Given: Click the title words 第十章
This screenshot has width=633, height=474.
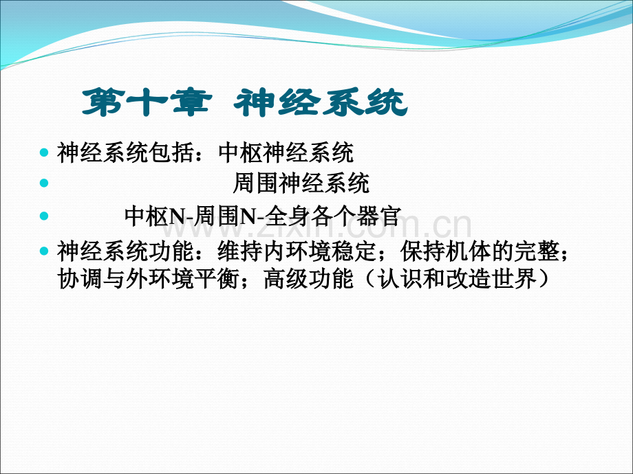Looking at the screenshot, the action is pos(147,102).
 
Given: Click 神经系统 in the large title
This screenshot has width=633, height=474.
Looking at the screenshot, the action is pos(321,102).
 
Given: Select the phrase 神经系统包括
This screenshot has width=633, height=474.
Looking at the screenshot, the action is pos(125,153).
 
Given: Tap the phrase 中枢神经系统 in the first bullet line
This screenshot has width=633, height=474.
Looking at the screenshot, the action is pos(286,153).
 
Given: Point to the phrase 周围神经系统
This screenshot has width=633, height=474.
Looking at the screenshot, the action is pos(301,183).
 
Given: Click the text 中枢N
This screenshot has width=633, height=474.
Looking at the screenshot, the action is pos(154,216).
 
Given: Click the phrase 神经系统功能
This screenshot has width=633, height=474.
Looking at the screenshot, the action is pos(125,251).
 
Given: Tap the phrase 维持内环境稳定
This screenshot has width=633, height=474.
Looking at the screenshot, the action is pos(297,251).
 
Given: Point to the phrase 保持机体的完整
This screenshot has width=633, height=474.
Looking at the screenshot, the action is pos(480,251).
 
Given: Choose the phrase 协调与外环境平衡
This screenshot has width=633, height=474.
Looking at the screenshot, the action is pos(148,278).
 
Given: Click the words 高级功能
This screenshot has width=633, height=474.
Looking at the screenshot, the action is pos(308,278).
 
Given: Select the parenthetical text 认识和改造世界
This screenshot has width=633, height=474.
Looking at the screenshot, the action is pos(458,278).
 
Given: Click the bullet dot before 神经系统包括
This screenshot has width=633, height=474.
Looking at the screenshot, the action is pos(44,153).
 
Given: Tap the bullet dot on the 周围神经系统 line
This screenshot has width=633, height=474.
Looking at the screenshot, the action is pos(44,183).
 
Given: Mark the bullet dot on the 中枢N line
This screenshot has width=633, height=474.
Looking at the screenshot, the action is pos(44,216).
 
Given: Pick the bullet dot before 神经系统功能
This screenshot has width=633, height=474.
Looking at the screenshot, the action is pos(44,251).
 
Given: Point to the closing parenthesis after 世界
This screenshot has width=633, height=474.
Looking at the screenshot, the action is pos(544,278).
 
